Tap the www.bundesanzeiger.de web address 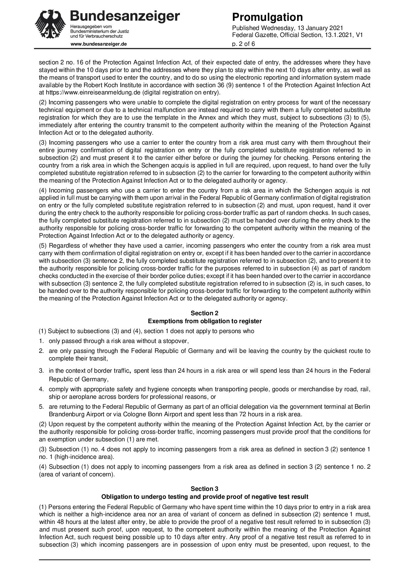(x=98, y=44)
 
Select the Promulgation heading (x=267, y=17)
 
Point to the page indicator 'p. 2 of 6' (x=244, y=44)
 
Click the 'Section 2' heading (x=205, y=313)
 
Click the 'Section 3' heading (x=205, y=489)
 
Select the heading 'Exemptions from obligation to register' (x=205, y=321)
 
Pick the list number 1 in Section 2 (x=42, y=341)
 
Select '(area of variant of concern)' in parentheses (x=77, y=475)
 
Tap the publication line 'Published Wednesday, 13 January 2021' (x=288, y=28)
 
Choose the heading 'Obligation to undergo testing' (x=205, y=497)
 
